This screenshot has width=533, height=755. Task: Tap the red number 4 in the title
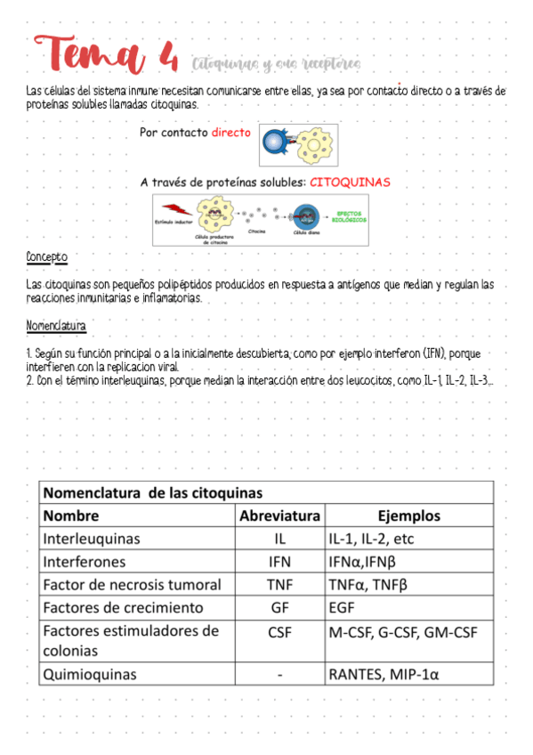(167, 60)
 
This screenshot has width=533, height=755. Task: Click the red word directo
(231, 133)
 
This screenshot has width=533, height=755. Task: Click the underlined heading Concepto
(46, 257)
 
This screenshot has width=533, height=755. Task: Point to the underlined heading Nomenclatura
(56, 326)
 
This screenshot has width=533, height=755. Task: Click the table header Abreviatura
(279, 516)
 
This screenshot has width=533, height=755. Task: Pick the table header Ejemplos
(408, 516)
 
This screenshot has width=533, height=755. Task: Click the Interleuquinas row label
(92, 539)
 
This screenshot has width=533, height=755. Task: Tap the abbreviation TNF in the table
(279, 585)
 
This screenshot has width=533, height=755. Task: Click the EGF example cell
(342, 608)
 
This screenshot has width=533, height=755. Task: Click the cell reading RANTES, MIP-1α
(384, 674)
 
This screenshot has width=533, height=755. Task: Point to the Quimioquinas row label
(90, 674)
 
